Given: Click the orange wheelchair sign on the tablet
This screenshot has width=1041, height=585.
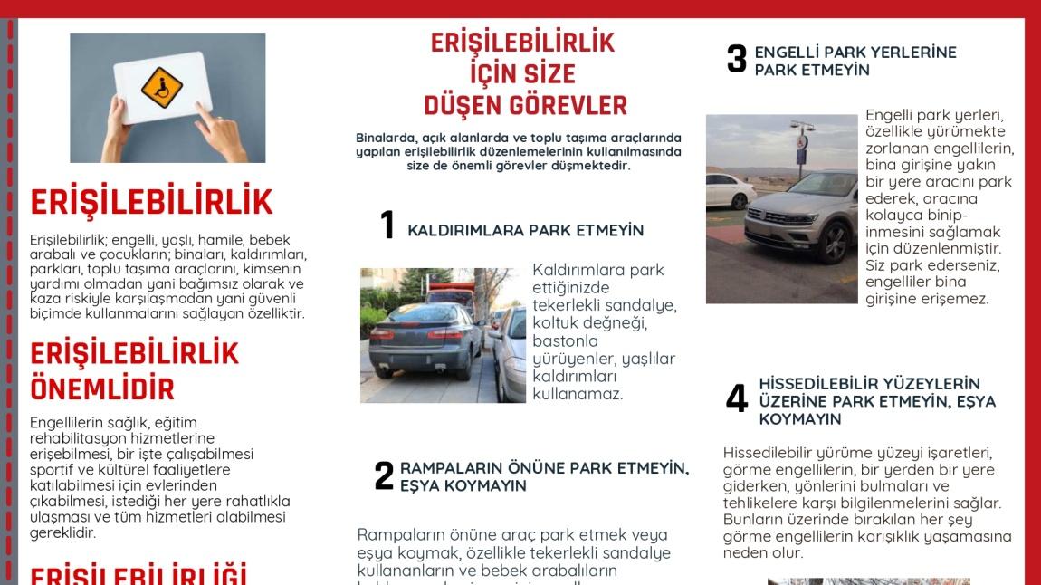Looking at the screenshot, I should (162, 87).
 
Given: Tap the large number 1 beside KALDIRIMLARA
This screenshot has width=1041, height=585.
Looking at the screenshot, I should (387, 225).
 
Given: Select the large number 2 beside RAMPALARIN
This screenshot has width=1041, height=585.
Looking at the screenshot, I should (384, 476).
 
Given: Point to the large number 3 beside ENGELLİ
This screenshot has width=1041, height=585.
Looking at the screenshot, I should (736, 60).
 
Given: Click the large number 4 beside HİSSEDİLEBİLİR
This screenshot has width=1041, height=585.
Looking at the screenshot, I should (737, 399).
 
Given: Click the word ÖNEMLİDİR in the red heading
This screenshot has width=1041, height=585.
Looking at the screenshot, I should (101, 389).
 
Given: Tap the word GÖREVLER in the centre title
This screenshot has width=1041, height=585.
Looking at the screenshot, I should (568, 105).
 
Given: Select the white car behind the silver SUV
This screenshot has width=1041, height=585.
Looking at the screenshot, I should (730, 190).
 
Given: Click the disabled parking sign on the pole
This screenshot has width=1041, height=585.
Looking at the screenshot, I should (801, 141).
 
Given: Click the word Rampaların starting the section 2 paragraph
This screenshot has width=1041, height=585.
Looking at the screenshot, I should (395, 535).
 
